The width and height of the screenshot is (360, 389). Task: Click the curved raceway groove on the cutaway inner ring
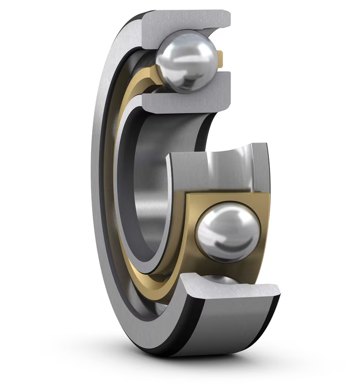225,164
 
